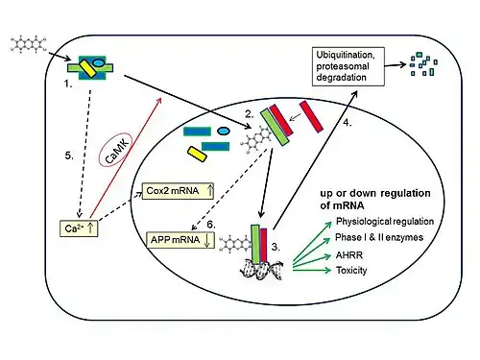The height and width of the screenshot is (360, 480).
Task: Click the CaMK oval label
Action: pyautogui.click(x=116, y=150)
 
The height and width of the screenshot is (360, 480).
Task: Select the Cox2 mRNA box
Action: pyautogui.click(x=178, y=191)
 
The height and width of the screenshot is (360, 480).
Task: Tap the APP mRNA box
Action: pyautogui.click(x=180, y=240)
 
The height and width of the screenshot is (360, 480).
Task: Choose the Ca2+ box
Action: pyautogui.click(x=79, y=228)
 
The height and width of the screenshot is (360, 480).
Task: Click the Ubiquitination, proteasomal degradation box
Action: pyautogui.click(x=348, y=66)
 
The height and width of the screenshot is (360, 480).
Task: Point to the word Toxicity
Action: pyautogui.click(x=351, y=271)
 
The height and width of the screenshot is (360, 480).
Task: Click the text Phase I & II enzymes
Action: pyautogui.click(x=379, y=237)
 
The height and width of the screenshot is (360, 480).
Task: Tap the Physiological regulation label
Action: pyautogui.click(x=385, y=221)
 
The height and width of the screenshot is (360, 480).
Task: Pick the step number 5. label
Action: pyautogui.click(x=69, y=156)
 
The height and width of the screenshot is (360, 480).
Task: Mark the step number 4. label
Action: pyautogui.click(x=348, y=122)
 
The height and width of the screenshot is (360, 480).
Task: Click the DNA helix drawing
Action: pyautogui.click(x=262, y=270)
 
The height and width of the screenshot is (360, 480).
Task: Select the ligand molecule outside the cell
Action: pyautogui.click(x=29, y=44)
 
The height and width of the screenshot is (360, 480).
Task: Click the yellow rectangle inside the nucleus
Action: pyautogui.click(x=197, y=154)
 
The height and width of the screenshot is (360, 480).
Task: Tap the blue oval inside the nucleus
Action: pyautogui.click(x=224, y=131)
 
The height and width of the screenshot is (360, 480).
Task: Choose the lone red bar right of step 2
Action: pyautogui.click(x=311, y=116)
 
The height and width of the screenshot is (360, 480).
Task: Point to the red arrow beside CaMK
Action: pyautogui.click(x=126, y=157)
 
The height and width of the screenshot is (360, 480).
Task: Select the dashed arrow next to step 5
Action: pyautogui.click(x=84, y=154)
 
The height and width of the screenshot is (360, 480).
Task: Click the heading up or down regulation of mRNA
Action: pyautogui.click(x=375, y=199)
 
